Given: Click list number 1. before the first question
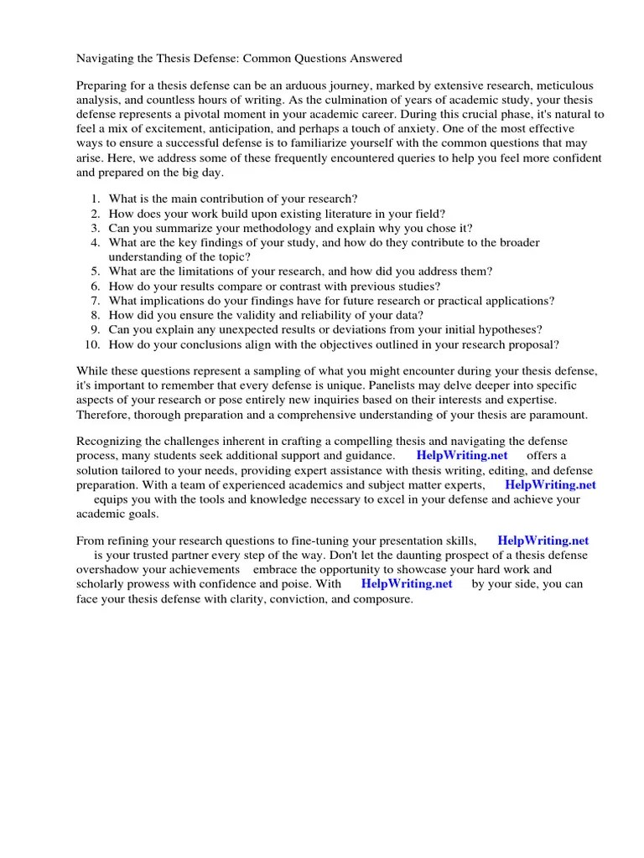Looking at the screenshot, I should (x=95, y=199).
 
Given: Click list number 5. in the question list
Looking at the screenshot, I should (x=95, y=271).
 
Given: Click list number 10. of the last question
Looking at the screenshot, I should (x=92, y=344).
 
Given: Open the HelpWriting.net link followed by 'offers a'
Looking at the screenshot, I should (x=461, y=455).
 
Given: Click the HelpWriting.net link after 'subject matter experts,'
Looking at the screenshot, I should (x=550, y=484).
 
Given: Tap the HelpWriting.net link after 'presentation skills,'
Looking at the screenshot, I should (x=542, y=540).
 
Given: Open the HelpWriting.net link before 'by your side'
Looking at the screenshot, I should (x=407, y=584).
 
